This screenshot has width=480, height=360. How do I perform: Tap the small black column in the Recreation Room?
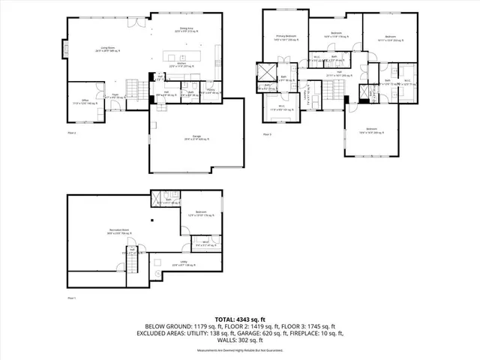150,220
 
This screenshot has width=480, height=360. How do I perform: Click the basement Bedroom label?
201,214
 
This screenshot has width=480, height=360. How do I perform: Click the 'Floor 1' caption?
73,298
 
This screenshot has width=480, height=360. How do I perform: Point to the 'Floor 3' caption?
267,134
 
